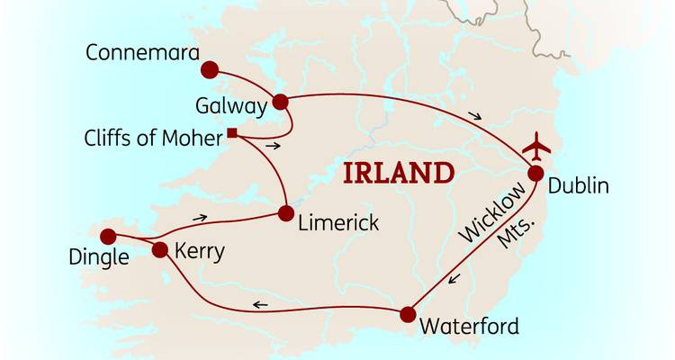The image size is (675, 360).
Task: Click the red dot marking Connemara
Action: point(211,69)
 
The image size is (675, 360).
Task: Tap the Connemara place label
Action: point(142,52)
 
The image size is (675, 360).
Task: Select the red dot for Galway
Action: point(280,101)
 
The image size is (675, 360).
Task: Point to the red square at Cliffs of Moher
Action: point(231,134)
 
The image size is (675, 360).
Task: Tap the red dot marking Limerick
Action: point(285,213)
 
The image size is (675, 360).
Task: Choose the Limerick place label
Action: point(338,222)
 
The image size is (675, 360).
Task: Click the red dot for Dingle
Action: point(108,237)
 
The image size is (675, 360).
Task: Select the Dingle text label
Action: point(98,258)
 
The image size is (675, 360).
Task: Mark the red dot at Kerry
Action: point(160,249)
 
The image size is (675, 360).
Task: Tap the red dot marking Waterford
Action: point(408,314)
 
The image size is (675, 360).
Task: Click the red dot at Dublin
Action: point(535,175)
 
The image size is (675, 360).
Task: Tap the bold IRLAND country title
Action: point(396,172)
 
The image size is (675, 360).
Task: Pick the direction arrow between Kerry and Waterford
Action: point(259,306)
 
